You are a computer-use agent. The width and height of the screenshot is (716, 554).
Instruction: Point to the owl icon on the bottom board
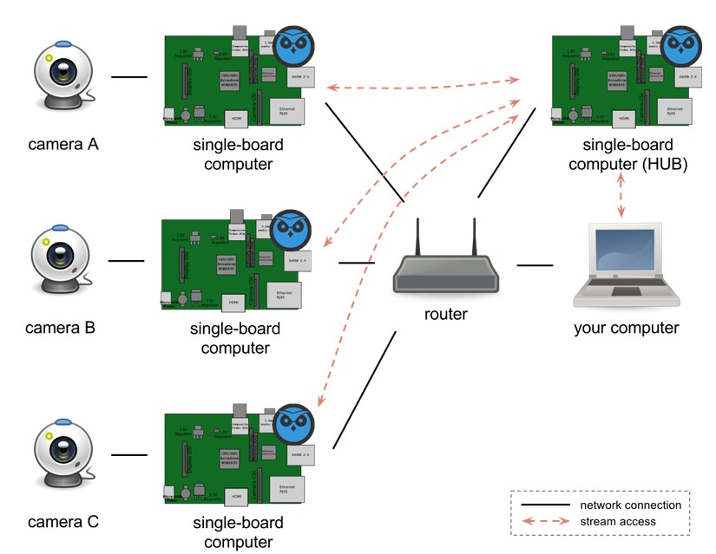[x=295, y=424]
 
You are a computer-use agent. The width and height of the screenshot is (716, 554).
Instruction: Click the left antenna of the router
[x=417, y=237]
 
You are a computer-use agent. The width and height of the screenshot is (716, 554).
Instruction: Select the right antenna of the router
[x=475, y=237]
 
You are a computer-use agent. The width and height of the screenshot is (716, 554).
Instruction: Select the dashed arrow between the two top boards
[x=424, y=85]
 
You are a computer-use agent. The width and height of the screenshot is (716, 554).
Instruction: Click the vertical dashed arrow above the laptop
[x=621, y=196]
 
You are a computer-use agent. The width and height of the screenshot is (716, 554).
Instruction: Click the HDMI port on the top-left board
[x=235, y=120]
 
